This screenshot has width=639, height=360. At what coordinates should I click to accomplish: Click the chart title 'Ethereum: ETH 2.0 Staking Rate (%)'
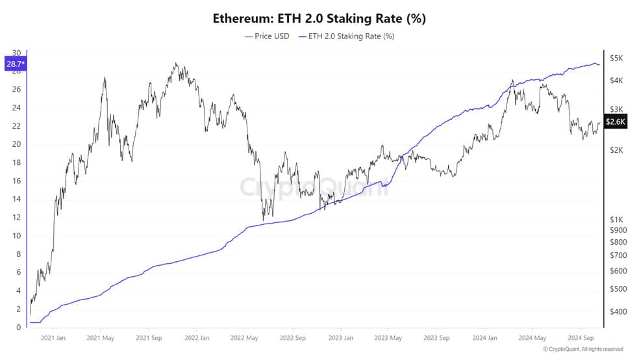tap(319, 18)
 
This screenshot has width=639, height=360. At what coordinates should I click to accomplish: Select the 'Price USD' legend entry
tap(267, 36)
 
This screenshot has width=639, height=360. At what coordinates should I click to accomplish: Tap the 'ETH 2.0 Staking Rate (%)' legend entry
tap(346, 36)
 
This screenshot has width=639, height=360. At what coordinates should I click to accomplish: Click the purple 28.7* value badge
tap(16, 64)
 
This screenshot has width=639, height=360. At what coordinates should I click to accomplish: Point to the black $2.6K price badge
tap(615, 122)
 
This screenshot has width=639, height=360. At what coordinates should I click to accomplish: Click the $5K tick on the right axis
tap(616, 58)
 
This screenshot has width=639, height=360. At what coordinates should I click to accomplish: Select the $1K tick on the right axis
tap(616, 220)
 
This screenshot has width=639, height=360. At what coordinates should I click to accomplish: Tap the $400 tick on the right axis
tap(618, 311)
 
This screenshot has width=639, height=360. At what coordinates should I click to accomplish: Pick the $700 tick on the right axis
tap(618, 255)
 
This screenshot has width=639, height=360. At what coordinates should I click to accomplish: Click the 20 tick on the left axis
tap(16, 144)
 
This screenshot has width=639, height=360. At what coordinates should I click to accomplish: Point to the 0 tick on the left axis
tap(18, 327)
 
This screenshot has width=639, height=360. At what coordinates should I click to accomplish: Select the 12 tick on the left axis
tap(16, 217)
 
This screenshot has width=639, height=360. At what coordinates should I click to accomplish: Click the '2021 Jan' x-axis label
tap(53, 338)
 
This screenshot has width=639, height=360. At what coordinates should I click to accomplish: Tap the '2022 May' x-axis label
tap(244, 338)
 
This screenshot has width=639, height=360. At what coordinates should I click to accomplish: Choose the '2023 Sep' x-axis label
tap(436, 338)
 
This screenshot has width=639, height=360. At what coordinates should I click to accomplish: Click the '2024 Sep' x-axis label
tap(581, 338)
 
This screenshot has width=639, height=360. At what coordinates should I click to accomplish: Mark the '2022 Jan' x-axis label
tap(197, 338)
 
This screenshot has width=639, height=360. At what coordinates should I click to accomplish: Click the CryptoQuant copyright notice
tap(583, 350)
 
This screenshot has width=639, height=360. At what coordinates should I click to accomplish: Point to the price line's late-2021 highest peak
tap(175, 63)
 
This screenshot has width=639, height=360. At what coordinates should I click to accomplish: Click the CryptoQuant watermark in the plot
tap(314, 186)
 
